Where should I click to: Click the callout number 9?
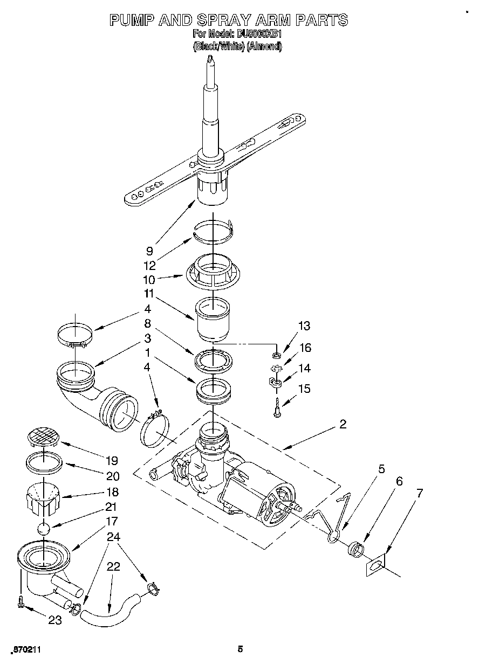coord(149,251)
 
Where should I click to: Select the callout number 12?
coord(149,266)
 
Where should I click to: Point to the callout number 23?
coord(55,620)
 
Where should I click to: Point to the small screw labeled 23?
coord(20,602)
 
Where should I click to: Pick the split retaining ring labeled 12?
coord(213,230)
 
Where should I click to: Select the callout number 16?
coord(305,348)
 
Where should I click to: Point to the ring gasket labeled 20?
coord(43,462)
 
